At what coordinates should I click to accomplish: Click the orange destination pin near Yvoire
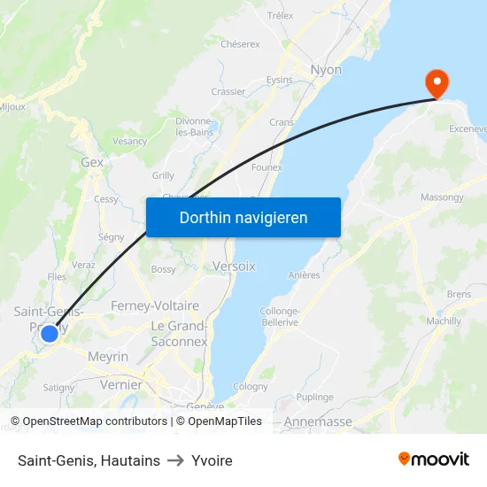pos(437,82)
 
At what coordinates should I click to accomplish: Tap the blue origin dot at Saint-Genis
pos(50,334)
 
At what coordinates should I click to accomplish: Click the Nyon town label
pos(326,69)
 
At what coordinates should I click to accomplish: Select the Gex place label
pos(92,163)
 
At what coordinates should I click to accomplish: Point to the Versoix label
pos(234,266)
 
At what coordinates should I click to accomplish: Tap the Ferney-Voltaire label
pos(155,305)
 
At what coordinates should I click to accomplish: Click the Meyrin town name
pos(108,356)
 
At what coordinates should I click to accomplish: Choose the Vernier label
pos(121,385)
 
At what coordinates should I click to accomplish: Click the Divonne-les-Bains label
pos(194,127)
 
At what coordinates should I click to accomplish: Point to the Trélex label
pos(280,16)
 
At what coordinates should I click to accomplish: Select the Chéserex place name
pos(240,43)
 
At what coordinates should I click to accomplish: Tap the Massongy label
pos(442,197)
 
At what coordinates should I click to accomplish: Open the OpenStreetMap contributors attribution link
pos(89,421)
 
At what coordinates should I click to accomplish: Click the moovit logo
pos(434,460)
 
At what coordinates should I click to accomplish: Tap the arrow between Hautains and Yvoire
pos(175,460)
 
